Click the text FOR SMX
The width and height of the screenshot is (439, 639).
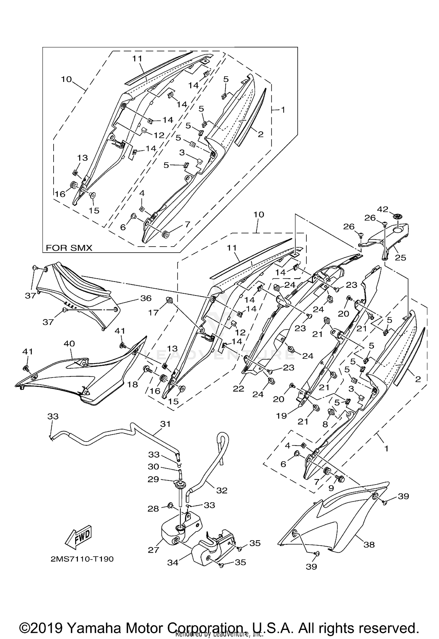click(x=69, y=248)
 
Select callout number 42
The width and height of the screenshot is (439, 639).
click(x=383, y=209)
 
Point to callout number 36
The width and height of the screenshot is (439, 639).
click(x=146, y=298)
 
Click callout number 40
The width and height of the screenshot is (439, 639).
click(x=69, y=343)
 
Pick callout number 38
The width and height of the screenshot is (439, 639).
click(x=369, y=545)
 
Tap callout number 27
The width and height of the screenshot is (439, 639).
click(x=153, y=550)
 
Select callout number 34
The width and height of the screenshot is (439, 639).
click(x=173, y=562)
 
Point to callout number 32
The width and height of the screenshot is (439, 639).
click(x=222, y=490)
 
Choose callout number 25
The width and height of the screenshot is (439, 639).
click(x=400, y=257)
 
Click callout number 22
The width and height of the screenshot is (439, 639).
click(x=239, y=389)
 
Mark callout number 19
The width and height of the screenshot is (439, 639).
click(x=282, y=416)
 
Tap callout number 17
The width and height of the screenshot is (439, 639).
click(x=153, y=313)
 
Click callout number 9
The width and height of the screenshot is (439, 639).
click(x=331, y=488)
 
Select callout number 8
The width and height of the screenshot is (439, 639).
click(x=325, y=424)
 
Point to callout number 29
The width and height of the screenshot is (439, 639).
click(x=153, y=479)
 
